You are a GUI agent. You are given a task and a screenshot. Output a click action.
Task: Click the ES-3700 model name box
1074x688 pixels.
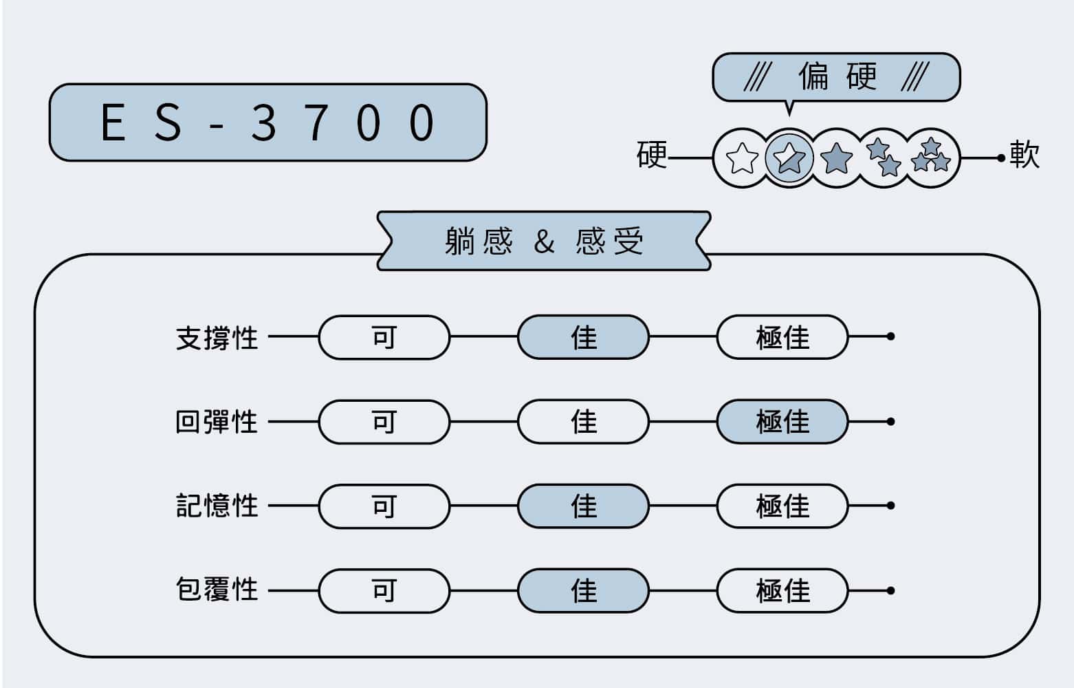[268, 122]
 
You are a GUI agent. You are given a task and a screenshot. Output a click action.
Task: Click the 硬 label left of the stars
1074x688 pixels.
[652, 155]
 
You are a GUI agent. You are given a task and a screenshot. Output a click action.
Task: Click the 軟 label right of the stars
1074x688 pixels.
[1024, 154]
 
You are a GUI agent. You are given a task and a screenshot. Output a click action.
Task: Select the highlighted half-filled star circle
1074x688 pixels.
[789, 158]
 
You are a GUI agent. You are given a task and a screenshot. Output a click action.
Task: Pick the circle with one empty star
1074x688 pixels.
[742, 158]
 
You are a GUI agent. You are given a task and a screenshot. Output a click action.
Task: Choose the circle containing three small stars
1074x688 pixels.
[932, 158]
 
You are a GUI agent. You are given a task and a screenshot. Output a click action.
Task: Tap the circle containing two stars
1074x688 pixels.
[884, 158]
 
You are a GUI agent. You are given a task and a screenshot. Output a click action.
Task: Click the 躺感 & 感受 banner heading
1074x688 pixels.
[544, 241]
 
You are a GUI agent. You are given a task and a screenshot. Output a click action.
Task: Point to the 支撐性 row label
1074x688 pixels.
[217, 338]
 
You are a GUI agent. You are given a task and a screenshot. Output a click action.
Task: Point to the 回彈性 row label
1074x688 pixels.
[217, 422]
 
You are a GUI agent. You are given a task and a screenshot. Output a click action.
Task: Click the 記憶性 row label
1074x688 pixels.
[217, 506]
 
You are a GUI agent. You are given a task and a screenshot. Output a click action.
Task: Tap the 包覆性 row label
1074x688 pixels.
[217, 590]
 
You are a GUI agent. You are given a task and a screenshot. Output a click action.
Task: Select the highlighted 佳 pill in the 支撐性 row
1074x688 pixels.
[584, 337]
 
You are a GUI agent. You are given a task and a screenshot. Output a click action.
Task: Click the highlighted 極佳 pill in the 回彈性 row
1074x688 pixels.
[782, 421]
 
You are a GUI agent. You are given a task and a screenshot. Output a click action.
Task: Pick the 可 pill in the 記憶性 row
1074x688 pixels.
[384, 506]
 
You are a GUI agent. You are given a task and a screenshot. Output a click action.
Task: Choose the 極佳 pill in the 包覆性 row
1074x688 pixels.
[782, 590]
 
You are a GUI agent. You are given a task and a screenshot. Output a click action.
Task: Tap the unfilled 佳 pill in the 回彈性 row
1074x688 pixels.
[584, 421]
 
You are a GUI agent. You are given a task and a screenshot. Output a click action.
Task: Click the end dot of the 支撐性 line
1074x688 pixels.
[891, 337]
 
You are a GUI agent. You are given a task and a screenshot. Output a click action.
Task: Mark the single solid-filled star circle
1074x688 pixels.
[837, 158]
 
